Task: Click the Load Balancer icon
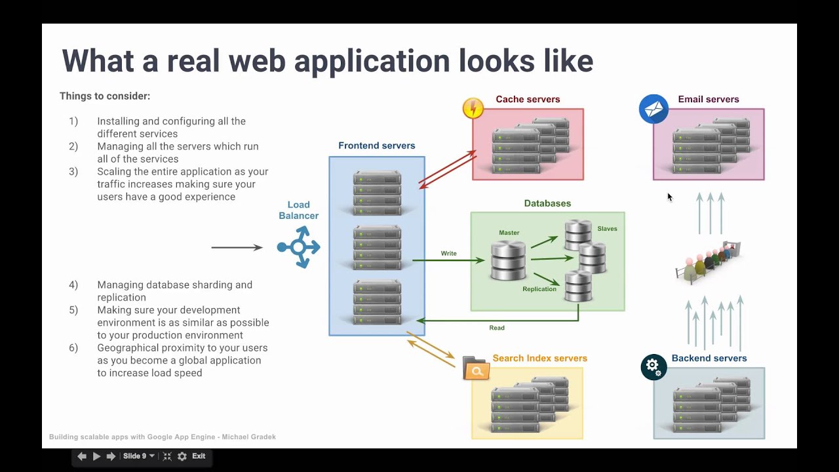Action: [x=299, y=247]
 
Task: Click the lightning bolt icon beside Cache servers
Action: [x=473, y=108]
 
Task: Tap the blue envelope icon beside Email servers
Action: [x=654, y=109]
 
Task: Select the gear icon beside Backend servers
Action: [x=654, y=366]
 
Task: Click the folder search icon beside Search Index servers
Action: [x=476, y=369]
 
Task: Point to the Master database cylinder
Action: [x=508, y=260]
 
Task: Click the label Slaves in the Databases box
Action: [x=607, y=229]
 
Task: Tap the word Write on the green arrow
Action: [x=448, y=253]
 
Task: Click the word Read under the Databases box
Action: [x=497, y=328]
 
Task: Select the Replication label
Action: [x=539, y=289]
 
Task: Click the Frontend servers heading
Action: [x=376, y=146]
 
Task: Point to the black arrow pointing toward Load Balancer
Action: [x=237, y=247]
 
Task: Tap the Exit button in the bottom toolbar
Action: [x=199, y=456]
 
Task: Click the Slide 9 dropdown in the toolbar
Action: [x=138, y=456]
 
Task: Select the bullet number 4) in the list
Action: [x=73, y=285]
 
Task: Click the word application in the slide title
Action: [x=372, y=61]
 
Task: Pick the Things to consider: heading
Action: [x=105, y=96]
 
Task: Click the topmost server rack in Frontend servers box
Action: [x=377, y=191]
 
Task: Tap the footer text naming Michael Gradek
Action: [x=163, y=437]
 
